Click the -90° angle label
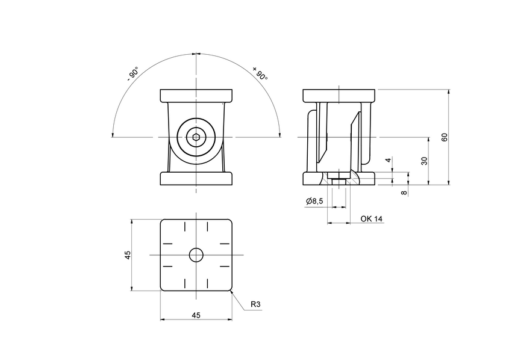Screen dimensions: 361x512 coord(133,74)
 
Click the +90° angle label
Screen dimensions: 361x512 coord(260,73)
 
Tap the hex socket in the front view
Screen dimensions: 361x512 coord(196,138)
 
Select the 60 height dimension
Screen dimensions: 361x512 coord(445,137)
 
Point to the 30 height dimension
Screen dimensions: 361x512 coord(424,161)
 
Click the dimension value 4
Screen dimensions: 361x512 coord(389,161)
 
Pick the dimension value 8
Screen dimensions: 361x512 coord(404,193)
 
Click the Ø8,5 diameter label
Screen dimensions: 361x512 coord(315,201)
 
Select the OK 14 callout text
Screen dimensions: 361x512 coord(371,218)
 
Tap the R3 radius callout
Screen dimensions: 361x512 coord(255,305)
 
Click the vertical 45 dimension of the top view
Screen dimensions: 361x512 coord(127,255)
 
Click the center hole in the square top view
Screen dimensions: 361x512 coord(196,255)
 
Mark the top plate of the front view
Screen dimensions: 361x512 coord(196,96)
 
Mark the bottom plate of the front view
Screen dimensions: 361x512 coord(196,179)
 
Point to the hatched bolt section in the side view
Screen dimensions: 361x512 coord(339,179)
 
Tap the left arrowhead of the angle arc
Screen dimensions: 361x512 coord(114,134)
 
